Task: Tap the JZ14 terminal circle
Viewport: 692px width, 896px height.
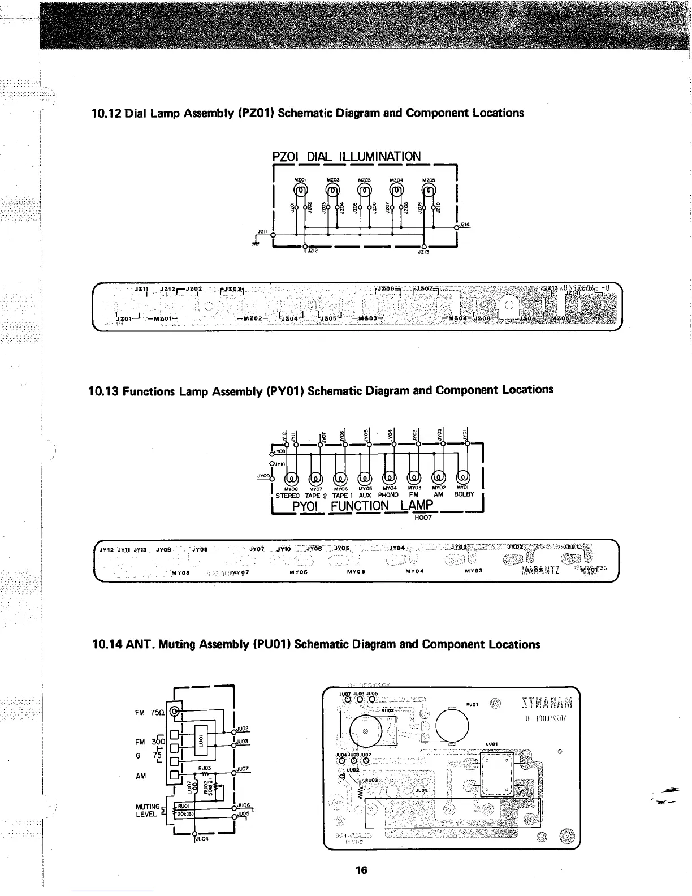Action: point(456,227)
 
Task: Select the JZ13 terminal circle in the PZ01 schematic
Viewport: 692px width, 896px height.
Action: point(424,247)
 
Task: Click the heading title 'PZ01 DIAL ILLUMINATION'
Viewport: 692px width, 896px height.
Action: point(347,156)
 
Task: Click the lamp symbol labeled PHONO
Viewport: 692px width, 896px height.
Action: point(391,479)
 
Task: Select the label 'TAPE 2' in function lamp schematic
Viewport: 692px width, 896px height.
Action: point(316,496)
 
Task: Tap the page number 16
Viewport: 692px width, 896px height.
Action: point(361,870)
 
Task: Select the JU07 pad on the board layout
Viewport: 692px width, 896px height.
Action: point(345,700)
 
